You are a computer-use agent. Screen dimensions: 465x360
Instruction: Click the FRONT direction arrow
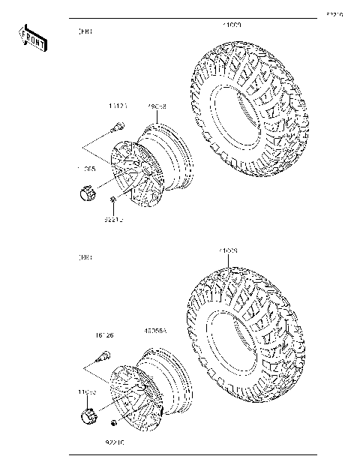[33, 38]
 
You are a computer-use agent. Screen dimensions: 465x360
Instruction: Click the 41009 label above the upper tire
[230, 25]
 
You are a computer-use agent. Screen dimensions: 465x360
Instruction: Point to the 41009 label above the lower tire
[228, 250]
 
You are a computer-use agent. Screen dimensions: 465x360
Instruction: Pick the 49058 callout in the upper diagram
[157, 106]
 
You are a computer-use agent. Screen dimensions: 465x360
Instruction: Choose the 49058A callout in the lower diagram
[155, 328]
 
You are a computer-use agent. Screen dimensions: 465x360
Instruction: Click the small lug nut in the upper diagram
[112, 198]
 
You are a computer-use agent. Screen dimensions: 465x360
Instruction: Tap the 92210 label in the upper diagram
[113, 220]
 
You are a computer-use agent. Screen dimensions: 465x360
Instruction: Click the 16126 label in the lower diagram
[103, 337]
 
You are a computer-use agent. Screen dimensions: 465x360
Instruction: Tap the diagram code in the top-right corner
[334, 13]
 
